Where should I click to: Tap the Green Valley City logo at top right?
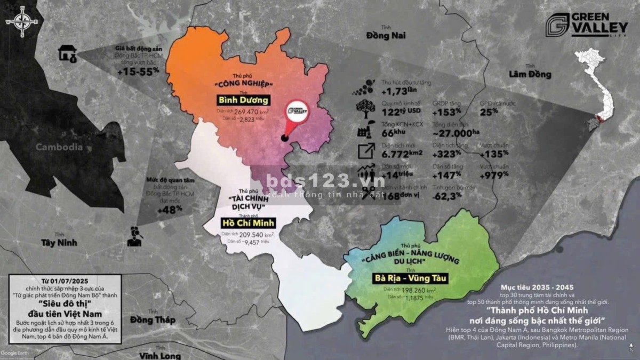[579, 25]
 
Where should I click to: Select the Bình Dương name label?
[243, 100]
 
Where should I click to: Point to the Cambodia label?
[59, 147]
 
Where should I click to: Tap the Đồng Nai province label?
[386, 35]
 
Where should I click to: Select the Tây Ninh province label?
[59, 243]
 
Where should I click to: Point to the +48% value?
[170, 209]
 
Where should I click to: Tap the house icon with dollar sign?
[67, 53]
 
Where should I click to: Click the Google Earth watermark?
[15, 353]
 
